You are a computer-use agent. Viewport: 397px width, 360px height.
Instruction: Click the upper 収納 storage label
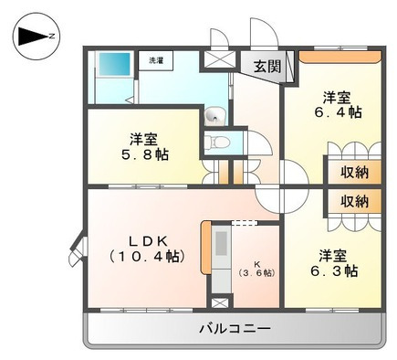pyautogui.click(x=354, y=170)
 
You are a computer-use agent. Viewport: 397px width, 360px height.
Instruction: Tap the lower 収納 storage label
pyautogui.click(x=354, y=200)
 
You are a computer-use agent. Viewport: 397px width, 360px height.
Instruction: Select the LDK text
pyautogui.click(x=145, y=240)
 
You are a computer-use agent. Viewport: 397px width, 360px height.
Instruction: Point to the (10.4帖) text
pyautogui.click(x=145, y=257)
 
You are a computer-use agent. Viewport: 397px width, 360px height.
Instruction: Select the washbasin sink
pyautogui.click(x=215, y=114)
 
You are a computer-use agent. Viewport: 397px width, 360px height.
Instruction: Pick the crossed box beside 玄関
pyautogui.click(x=219, y=62)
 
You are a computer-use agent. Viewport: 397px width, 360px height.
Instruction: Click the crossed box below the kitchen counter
pyautogui.click(x=220, y=300)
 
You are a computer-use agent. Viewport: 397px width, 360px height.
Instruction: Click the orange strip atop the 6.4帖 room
pyautogui.click(x=338, y=56)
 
